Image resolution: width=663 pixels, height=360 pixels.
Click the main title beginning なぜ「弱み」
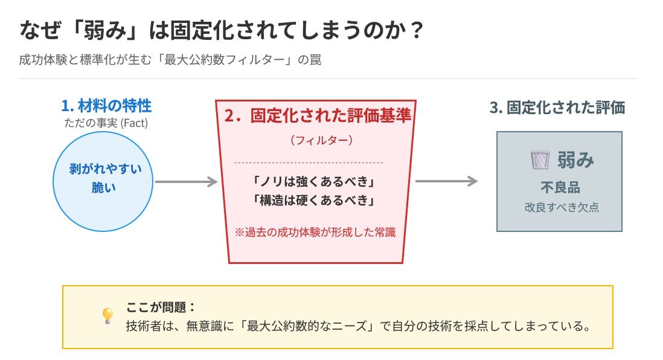pyautogui.click(x=221, y=30)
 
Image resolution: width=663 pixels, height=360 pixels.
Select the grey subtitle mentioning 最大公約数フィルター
pyautogui.click(x=170, y=60)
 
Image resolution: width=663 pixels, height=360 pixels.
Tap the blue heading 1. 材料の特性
pyautogui.click(x=106, y=106)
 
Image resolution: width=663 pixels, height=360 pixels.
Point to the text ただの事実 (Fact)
pyautogui.click(x=106, y=123)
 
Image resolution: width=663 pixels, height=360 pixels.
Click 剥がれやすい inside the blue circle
pyautogui.click(x=106, y=169)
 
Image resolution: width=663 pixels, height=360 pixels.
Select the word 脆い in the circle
pyautogui.click(x=104, y=187)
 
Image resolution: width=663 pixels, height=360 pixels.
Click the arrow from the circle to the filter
pyautogui.click(x=186, y=182)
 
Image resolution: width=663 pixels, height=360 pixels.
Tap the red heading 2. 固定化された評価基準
pyautogui.click(x=318, y=115)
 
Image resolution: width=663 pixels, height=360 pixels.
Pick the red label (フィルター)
pyautogui.click(x=321, y=140)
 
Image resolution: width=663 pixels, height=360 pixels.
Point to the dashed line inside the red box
pyautogui.click(x=308, y=162)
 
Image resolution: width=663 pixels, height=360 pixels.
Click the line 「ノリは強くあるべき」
pyautogui.click(x=313, y=181)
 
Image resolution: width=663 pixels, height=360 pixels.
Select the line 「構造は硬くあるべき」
pyautogui.click(x=313, y=200)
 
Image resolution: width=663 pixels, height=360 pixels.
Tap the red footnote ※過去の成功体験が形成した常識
pyautogui.click(x=315, y=232)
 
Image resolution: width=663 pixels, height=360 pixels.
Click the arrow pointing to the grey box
pyautogui.click(x=446, y=181)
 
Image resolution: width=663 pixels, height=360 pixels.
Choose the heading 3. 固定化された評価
pyautogui.click(x=557, y=108)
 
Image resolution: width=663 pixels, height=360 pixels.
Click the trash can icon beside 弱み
pyautogui.click(x=540, y=160)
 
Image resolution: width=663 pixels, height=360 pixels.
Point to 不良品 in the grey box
pyautogui.click(x=560, y=187)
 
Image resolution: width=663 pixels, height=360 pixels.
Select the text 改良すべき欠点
pyautogui.click(x=562, y=207)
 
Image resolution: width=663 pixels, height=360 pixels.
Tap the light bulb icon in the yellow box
pyautogui.click(x=108, y=315)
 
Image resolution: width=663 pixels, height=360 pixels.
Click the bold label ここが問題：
pyautogui.click(x=161, y=307)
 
